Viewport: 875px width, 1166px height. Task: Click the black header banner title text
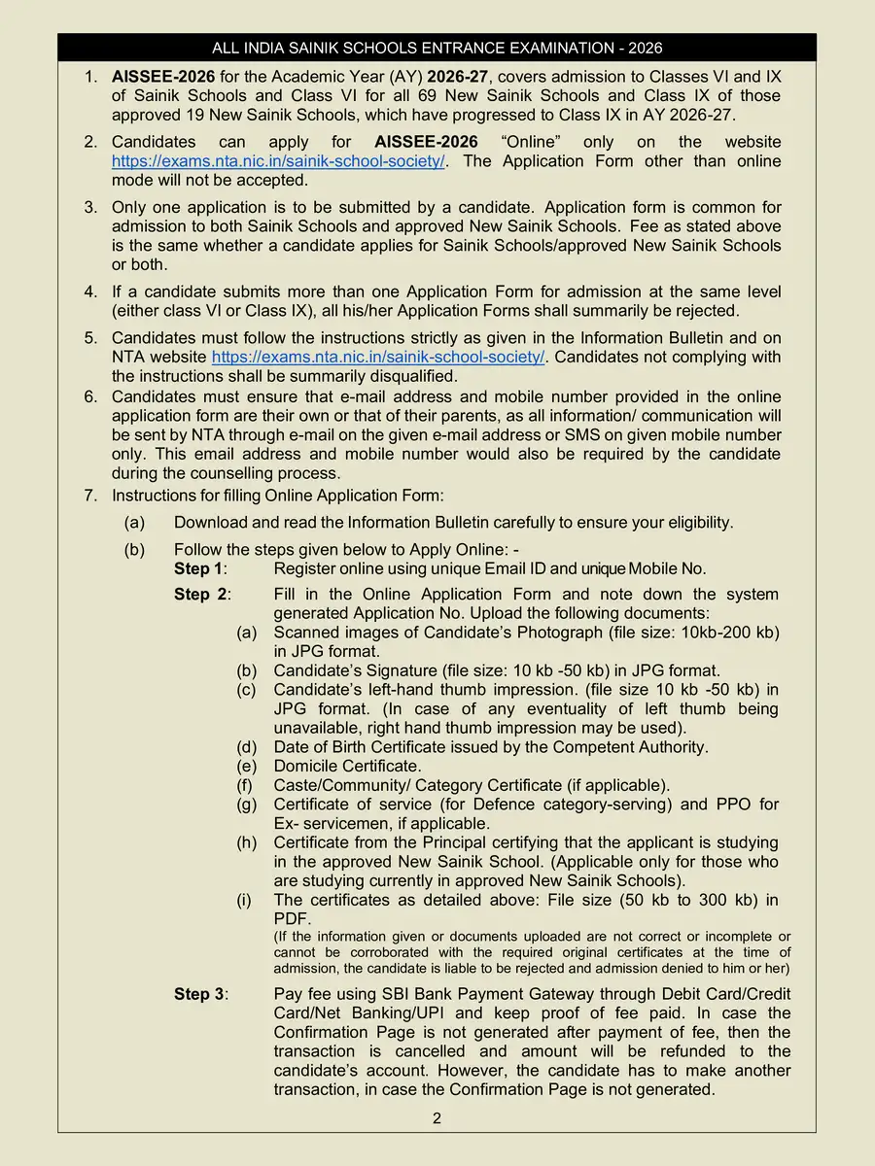click(x=437, y=48)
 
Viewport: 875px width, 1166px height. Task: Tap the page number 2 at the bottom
click(x=437, y=1118)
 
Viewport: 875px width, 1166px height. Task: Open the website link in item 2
click(x=278, y=161)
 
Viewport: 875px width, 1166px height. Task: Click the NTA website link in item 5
click(x=378, y=358)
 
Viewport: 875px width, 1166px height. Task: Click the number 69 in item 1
click(x=536, y=96)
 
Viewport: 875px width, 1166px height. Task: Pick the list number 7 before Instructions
click(x=89, y=496)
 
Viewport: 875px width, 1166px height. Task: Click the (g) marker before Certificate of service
click(x=247, y=805)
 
